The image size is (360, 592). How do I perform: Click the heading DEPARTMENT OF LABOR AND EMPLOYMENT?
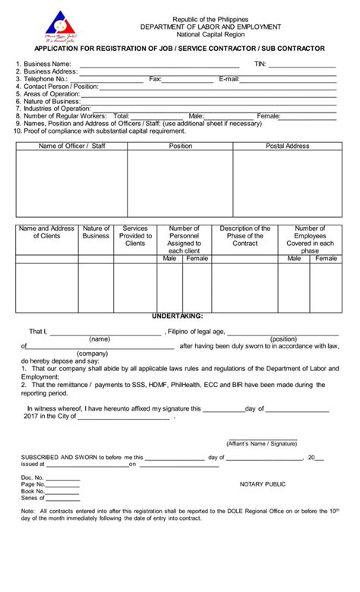point(204,26)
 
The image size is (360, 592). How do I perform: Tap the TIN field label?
point(261,65)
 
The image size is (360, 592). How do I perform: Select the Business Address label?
point(46,71)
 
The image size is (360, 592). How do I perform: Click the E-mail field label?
point(229,79)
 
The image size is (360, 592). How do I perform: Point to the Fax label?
point(155,79)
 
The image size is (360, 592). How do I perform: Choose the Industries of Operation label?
point(57,109)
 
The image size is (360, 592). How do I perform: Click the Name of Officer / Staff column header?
point(71,146)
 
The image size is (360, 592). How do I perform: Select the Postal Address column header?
point(286,146)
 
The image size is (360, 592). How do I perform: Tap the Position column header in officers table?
point(180,146)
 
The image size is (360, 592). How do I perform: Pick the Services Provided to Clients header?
point(134,235)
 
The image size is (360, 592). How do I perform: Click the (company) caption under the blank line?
point(91,354)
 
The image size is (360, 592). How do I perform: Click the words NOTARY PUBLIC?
point(262,483)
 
